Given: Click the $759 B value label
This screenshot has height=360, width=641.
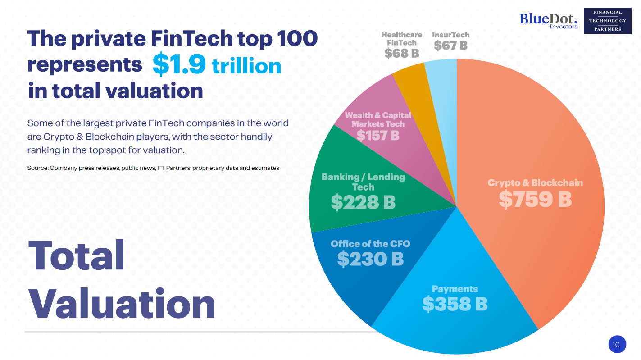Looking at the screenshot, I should point(535,200).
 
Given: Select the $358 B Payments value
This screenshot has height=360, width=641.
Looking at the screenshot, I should point(455,305).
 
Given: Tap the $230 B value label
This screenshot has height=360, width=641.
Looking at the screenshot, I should point(370,259).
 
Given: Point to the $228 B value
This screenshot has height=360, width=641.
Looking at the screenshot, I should point(363,202).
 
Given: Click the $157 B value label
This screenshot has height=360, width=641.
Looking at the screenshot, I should point(377,135).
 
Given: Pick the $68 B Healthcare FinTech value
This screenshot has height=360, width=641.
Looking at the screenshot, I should point(401,54).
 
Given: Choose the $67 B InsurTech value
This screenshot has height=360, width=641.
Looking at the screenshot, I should point(450,46).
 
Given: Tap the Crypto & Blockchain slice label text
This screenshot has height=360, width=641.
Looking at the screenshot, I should point(535,183).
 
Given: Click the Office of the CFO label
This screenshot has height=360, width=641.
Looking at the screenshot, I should point(370,244).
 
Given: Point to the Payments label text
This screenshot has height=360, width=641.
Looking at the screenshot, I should point(455,289).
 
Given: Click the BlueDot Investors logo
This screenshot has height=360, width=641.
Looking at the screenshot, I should point(548,20).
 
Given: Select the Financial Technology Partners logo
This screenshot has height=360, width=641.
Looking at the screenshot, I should point(607,21).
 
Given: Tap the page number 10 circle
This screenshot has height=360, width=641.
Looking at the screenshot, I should point(616,345).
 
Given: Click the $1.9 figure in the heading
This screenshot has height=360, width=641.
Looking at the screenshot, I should point(179,64).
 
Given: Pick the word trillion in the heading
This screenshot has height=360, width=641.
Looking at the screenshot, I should point(246,66).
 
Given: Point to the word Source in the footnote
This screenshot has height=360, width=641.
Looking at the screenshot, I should point(37,168).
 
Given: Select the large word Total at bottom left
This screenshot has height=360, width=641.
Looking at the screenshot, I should point(77,255).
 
